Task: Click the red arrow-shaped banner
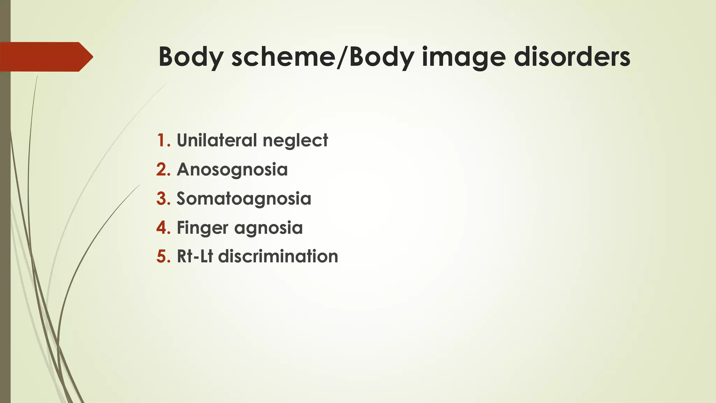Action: [45, 57]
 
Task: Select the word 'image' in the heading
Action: [464, 57]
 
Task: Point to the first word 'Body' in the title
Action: [191, 57]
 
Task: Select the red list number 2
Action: [163, 169]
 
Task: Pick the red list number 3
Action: [163, 198]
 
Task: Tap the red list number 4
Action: [163, 227]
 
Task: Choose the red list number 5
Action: [163, 256]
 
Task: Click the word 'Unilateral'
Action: [217, 140]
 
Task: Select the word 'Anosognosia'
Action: [232, 170]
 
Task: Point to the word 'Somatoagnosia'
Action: [244, 199]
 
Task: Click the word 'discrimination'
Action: [278, 256]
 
